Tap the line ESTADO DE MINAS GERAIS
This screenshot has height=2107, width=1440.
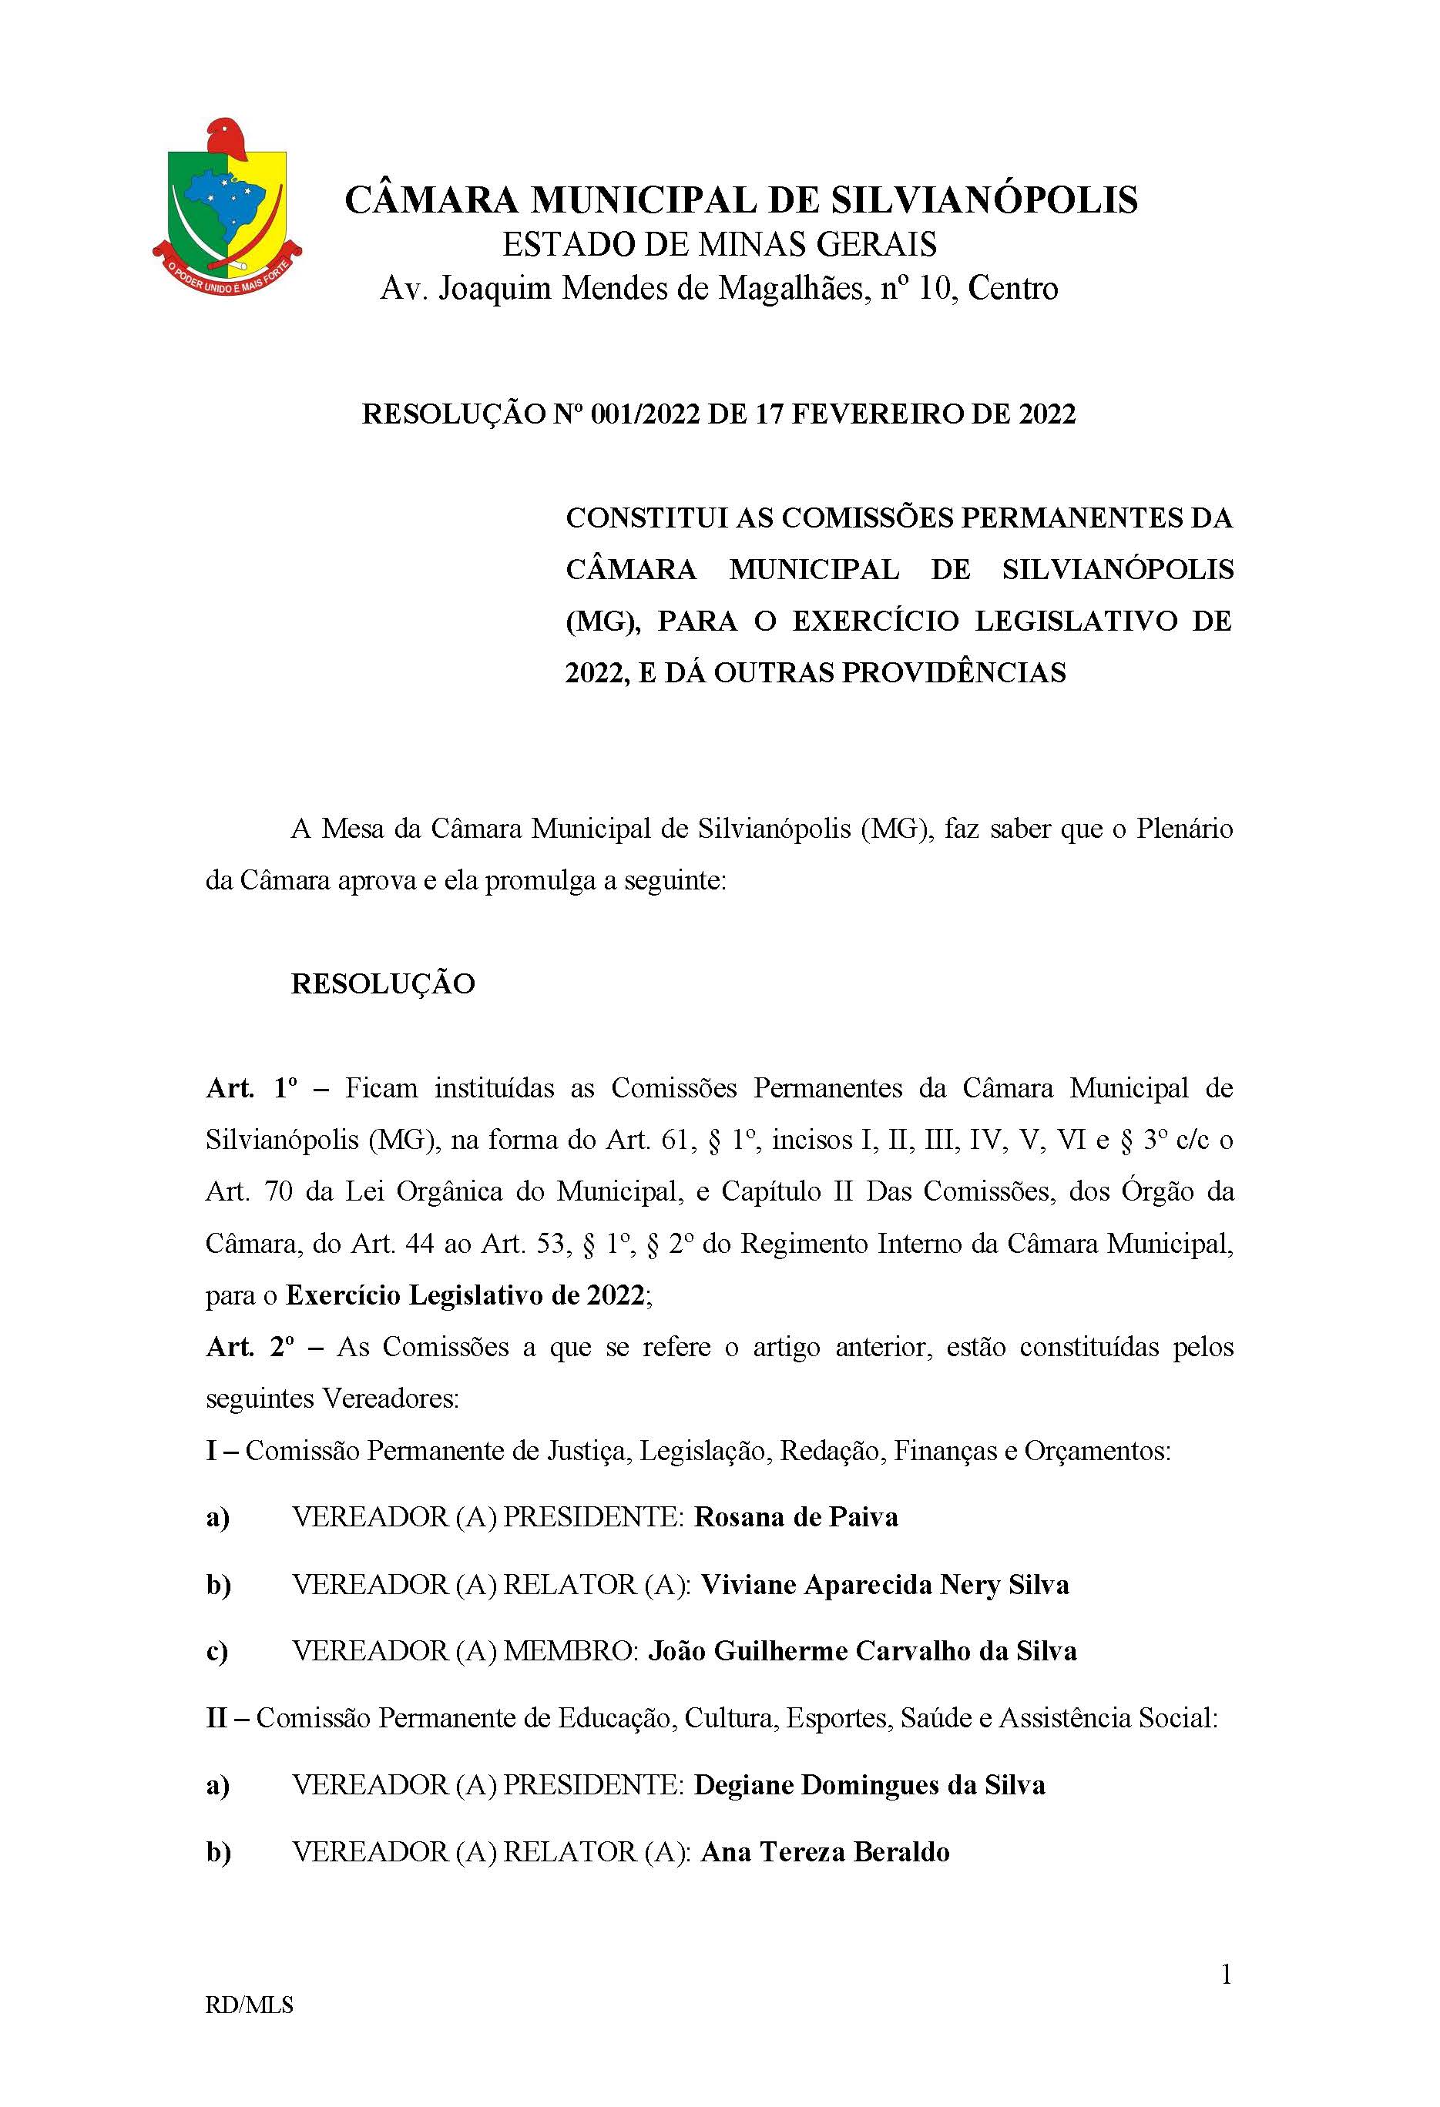pos(719,244)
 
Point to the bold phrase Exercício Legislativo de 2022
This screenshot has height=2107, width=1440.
pos(465,1295)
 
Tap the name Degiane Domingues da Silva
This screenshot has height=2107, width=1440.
pos(869,1785)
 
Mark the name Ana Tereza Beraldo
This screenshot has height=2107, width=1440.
pos(825,1851)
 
